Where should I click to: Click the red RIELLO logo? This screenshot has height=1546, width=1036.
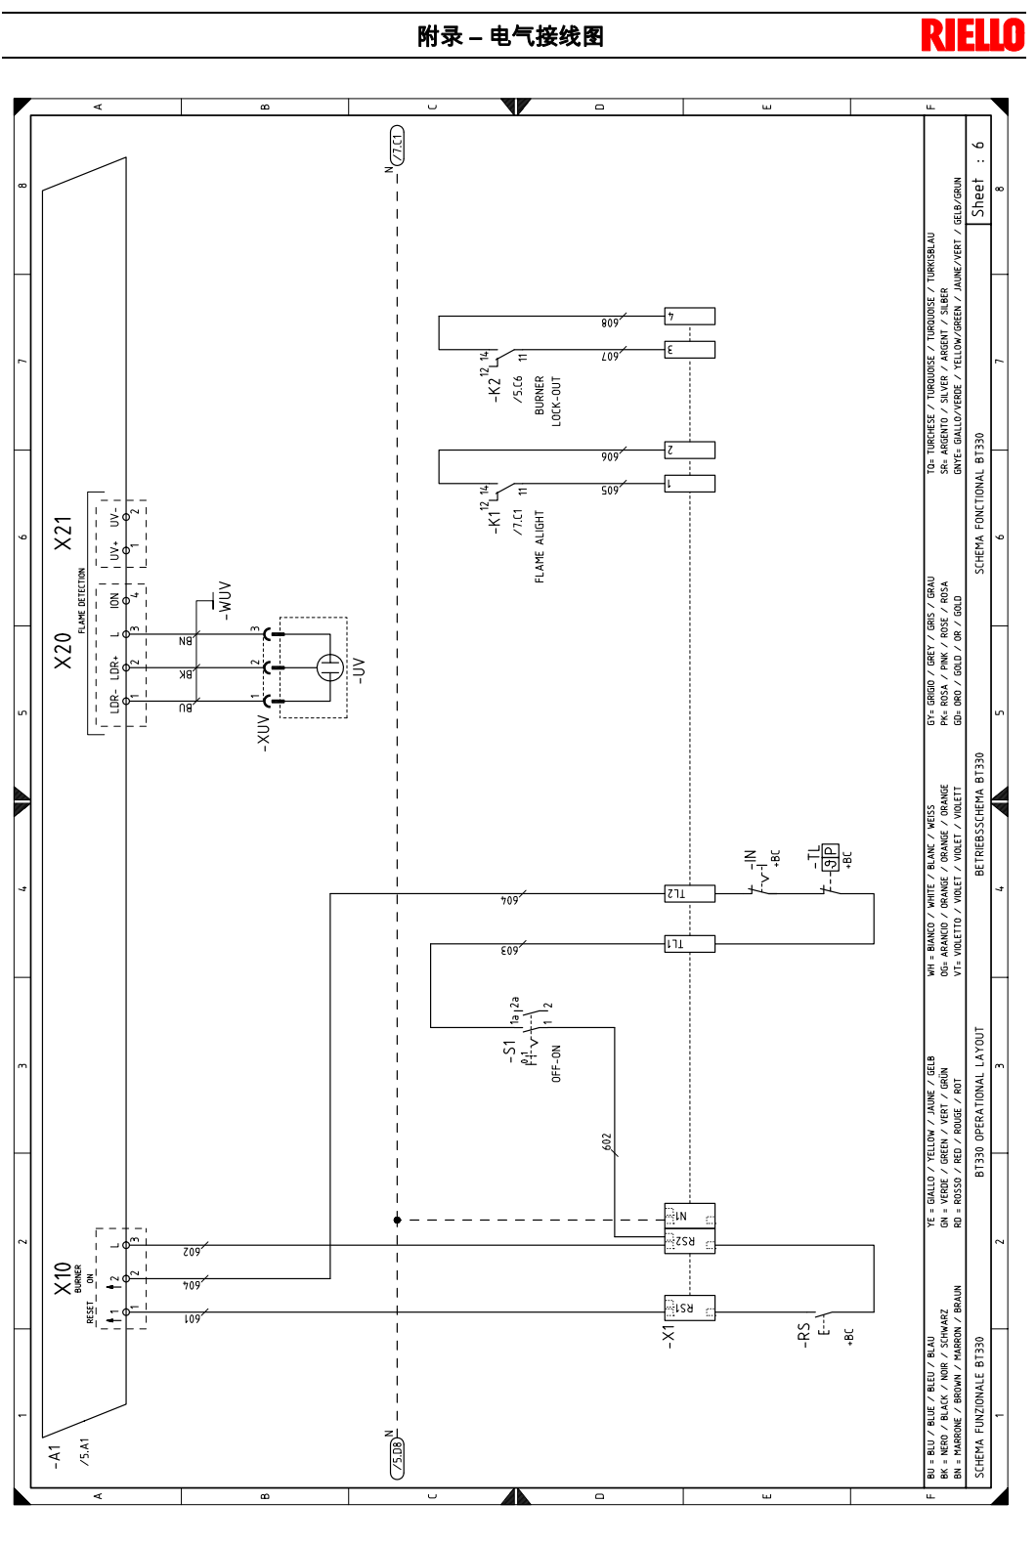972,35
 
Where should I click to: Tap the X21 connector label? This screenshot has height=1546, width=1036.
64,533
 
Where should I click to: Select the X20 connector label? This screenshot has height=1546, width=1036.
64,651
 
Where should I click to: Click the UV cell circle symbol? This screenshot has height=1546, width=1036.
329,667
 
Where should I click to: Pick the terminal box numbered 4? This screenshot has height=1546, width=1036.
690,317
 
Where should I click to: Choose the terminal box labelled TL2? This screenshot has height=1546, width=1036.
689,893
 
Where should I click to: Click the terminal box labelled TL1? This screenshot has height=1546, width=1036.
689,944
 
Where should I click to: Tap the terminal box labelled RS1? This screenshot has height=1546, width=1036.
689,1308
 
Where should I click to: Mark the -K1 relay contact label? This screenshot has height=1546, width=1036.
494,521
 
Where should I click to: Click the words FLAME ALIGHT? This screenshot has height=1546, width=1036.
539,547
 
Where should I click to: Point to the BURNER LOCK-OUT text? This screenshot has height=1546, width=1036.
547,401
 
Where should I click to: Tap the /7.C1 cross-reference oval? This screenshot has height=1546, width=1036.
398,145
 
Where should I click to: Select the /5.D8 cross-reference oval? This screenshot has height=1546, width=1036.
398,1458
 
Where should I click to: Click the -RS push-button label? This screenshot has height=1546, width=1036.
803,1335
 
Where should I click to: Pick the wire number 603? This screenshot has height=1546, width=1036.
509,950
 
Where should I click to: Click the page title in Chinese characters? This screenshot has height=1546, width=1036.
510,36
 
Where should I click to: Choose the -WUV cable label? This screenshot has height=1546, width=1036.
226,601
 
